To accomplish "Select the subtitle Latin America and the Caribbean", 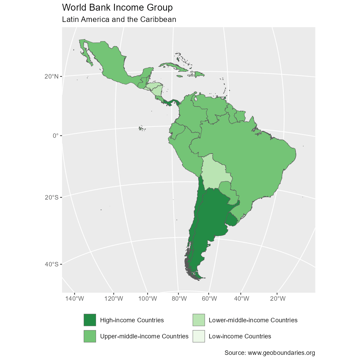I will pos(119,20).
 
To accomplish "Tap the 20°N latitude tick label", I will pos(51,76).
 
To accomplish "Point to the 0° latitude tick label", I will pos(56,135).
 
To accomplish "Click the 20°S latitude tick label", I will pos(51,197).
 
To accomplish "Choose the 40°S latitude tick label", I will pos(51,264).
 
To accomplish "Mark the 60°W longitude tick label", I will pos(209,299).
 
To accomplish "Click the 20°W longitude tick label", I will pos(278,299).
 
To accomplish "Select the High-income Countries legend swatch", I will pos(90,320).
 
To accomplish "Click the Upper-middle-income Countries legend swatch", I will pos(90,336).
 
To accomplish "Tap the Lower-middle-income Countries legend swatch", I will pos(199,320).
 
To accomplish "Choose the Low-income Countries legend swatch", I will pos(199,336).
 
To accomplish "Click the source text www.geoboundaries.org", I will pos(269,353).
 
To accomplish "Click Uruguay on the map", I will pos(233,220).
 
